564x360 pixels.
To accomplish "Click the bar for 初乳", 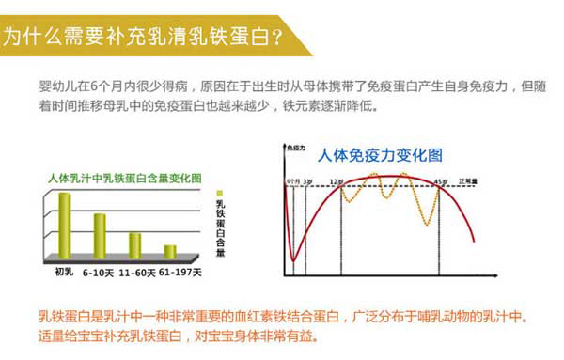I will click(65, 224).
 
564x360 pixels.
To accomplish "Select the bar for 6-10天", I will click(100, 235).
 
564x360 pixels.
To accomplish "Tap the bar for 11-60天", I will click(134, 244).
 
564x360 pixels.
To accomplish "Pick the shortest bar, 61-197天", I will click(169, 251).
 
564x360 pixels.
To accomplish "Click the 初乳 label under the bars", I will click(64, 273).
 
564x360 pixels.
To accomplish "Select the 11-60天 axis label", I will click(135, 273).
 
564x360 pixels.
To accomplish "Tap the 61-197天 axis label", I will click(179, 273).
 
